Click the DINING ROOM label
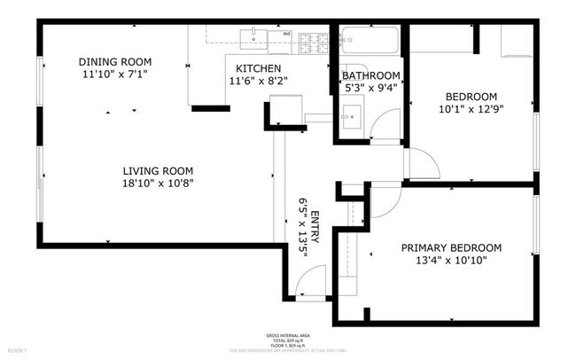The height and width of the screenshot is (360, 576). point(115,61)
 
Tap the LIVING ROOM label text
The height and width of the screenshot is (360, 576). point(158,170)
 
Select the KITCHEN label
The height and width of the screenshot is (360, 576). point(258,68)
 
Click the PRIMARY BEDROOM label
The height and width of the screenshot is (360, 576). point(451,247)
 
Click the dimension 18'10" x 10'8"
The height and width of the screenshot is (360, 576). point(158,183)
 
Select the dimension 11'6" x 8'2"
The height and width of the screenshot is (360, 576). point(258,81)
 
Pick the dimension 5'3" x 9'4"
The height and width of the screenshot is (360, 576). point(370,87)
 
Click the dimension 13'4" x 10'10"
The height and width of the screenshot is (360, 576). point(451,260)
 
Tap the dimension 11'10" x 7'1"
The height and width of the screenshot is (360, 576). point(115,74)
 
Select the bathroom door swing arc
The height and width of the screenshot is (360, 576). point(385,128)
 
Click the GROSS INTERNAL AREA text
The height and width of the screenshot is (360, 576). point(288,334)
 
